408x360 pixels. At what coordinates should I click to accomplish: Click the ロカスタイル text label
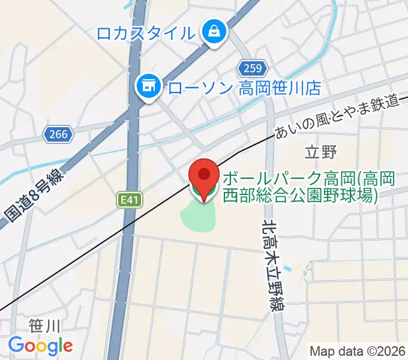146,33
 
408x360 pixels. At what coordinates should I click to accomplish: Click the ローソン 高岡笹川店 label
244,88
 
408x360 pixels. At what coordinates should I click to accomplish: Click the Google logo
40,346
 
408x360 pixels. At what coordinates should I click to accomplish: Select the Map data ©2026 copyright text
358,351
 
